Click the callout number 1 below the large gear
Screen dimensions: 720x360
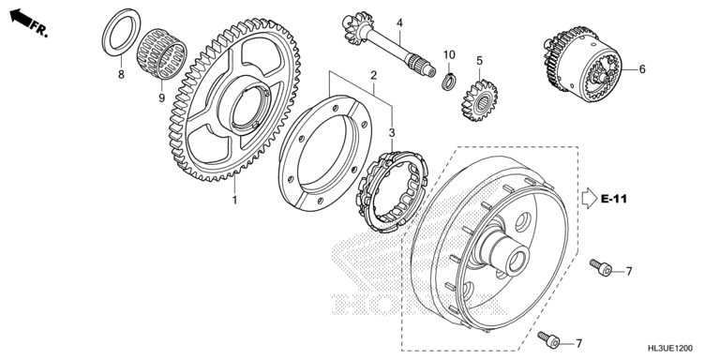[234, 201]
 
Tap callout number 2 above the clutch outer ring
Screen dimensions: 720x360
[374, 75]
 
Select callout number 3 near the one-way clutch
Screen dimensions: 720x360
[392, 133]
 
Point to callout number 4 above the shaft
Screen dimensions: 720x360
[399, 22]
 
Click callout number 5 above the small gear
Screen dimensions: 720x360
[479, 61]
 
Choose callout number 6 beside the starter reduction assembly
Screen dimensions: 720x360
[642, 69]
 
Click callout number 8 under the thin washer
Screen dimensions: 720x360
[121, 74]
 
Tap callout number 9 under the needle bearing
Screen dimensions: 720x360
[161, 97]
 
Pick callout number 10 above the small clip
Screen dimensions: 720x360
[449, 55]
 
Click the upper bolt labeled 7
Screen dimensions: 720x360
[601, 268]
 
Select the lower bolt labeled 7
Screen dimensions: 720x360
[549, 339]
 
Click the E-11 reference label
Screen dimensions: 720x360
[613, 199]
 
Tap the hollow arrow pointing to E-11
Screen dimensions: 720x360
[589, 199]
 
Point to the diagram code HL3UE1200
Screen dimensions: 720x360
[670, 349]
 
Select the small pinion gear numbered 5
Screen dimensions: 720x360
[479, 100]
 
